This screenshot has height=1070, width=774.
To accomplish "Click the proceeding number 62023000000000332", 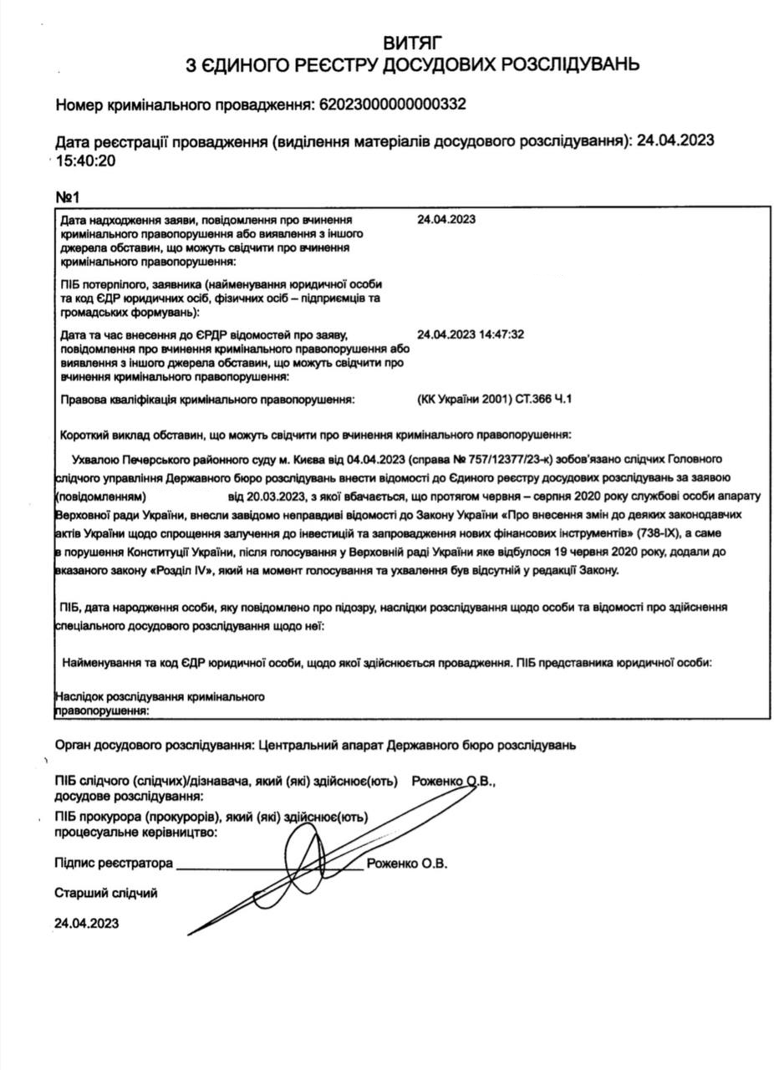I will pyautogui.click(x=390, y=104).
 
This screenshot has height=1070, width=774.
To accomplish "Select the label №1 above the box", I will pyautogui.click(x=67, y=197).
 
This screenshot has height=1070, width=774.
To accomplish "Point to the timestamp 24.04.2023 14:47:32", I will pyautogui.click(x=470, y=334).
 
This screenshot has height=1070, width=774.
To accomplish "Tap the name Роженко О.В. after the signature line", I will pyautogui.click(x=406, y=864).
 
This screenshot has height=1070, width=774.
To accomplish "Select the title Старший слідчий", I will pyautogui.click(x=105, y=893).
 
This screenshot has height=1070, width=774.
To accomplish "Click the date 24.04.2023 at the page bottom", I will pyautogui.click(x=86, y=923).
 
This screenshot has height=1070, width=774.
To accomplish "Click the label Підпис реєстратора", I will pyautogui.click(x=114, y=864).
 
